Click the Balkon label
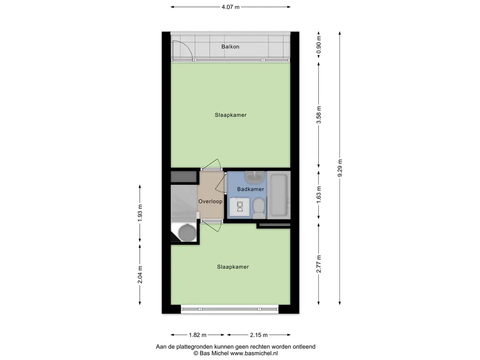coord(230,47)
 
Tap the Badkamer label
coord(250,189)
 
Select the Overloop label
coord(210,202)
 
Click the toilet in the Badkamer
coord(259,208)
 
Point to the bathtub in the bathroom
coord(278,195)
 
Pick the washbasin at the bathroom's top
coord(255,177)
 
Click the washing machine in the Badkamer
coord(240,207)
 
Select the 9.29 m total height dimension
coord(340,168)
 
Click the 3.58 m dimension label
coord(319,115)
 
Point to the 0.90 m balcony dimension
coord(319,45)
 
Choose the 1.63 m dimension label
coord(319,195)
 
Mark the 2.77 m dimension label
coord(319,264)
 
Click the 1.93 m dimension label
coord(140,213)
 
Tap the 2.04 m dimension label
coord(140,275)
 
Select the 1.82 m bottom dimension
coord(197,335)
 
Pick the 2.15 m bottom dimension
coord(259,335)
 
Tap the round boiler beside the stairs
coord(187,232)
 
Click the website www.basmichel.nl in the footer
coord(254,353)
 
